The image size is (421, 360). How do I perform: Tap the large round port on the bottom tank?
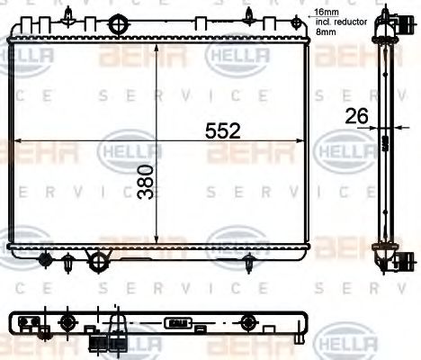pyautogui.click(x=96, y=261)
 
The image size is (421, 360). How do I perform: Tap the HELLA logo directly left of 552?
pyautogui.click(x=128, y=149)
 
